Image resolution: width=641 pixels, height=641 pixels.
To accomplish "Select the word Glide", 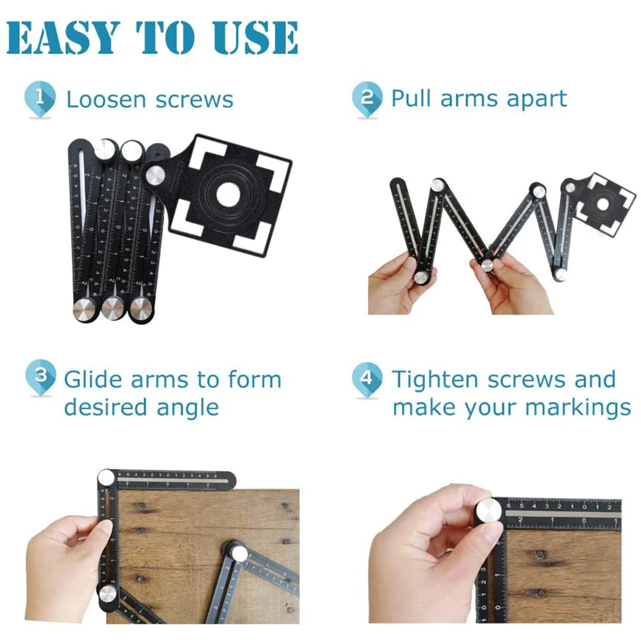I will point(93,379).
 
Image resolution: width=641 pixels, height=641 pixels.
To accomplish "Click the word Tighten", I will point(436,379).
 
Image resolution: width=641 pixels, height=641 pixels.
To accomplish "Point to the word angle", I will point(192,408).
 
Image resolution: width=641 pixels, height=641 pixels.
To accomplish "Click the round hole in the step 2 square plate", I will point(603,204).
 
